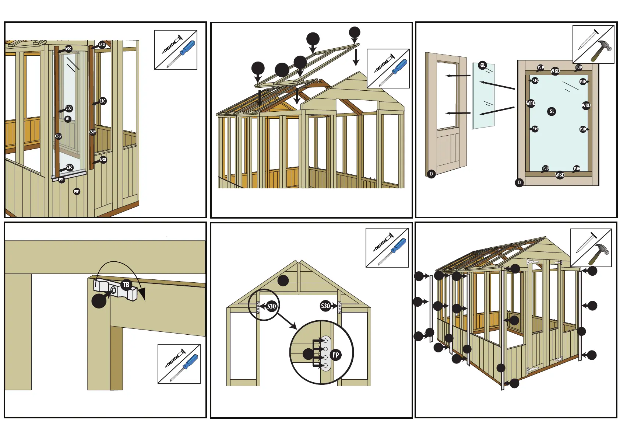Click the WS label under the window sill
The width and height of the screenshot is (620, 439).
click(x=61, y=180)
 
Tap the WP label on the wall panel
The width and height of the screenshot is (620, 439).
click(x=77, y=191)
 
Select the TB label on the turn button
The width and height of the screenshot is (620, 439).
click(x=126, y=285)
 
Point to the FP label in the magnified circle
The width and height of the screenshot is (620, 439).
click(x=336, y=355)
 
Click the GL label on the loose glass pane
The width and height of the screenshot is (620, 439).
click(x=483, y=65)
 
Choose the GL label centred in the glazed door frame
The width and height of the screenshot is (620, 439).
click(x=552, y=111)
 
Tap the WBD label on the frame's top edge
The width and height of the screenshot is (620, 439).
click(x=555, y=71)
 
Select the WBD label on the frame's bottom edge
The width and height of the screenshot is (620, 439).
click(x=560, y=175)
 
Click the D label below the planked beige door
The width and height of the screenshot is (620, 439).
click(x=431, y=174)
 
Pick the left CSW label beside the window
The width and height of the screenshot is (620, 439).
click(x=58, y=136)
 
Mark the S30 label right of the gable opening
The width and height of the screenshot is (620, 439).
click(x=325, y=306)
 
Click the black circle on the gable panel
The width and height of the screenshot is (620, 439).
click(x=283, y=281)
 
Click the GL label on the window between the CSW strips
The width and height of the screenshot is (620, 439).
click(x=67, y=119)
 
